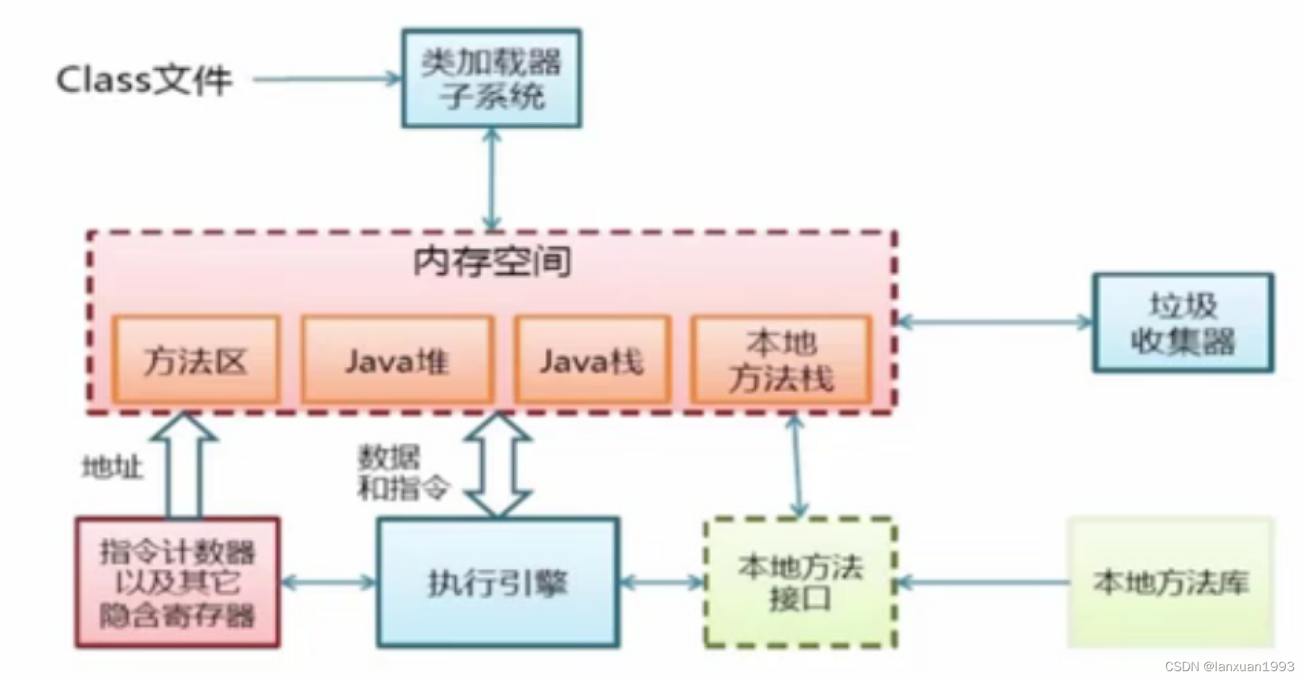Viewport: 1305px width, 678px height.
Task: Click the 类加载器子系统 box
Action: coord(491,78)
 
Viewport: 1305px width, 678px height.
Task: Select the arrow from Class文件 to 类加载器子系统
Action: coord(326,79)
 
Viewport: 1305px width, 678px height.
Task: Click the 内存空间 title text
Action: coord(492,262)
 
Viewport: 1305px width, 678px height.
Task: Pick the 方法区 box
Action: coord(196,360)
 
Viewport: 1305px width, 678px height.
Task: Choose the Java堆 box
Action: coord(397,360)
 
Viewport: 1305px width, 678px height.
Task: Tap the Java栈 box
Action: coord(591,360)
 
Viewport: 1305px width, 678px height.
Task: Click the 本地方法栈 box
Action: coord(781,360)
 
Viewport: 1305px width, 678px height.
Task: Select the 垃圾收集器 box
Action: coord(1182,323)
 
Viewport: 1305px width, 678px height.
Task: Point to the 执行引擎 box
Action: coord(497,583)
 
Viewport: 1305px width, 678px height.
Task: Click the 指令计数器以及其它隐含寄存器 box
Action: coord(177,583)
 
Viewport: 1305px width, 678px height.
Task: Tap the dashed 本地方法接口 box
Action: coord(800,583)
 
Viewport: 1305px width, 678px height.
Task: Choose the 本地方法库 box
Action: coord(1171,583)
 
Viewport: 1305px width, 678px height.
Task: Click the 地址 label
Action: coord(113,468)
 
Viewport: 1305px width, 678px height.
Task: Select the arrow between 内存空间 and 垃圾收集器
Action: coord(994,321)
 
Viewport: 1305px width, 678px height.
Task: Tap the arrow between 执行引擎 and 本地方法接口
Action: coord(662,583)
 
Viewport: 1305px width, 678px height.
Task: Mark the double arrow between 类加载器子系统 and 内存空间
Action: coord(491,179)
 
